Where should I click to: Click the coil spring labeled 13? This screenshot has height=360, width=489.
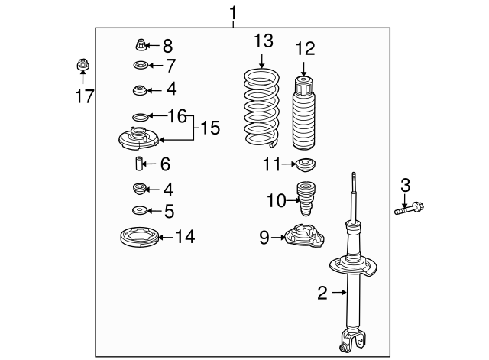coord(261,109)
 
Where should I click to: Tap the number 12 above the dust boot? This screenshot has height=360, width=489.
coord(305,49)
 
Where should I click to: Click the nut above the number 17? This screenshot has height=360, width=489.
coord(82,64)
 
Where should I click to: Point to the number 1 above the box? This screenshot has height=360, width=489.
coord(234,13)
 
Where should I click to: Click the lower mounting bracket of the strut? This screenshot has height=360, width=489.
coord(353,341)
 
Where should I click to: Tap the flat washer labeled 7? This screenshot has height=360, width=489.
coord(141,66)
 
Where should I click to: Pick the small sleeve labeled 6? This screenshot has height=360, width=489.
coord(140,164)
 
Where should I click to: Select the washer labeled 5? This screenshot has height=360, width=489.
coord(140,210)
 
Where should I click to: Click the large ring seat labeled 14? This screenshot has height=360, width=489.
coord(141,238)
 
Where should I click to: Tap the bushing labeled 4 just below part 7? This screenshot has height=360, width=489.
coord(141,91)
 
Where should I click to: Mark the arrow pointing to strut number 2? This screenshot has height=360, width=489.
coord(338,291)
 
